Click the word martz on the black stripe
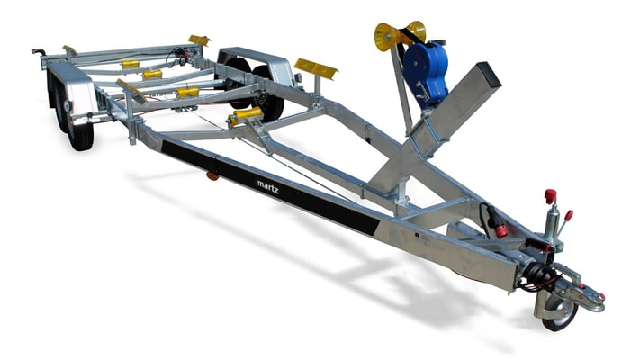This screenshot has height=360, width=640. (x=268, y=187)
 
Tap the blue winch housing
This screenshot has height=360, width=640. (x=425, y=72)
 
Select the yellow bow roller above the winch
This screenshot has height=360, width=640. (x=400, y=35)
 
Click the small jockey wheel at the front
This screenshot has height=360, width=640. (x=560, y=312)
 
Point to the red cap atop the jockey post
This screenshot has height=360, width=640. (x=550, y=195)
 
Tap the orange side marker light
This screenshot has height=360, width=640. (x=212, y=175)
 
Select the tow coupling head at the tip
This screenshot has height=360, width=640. (x=588, y=294)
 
